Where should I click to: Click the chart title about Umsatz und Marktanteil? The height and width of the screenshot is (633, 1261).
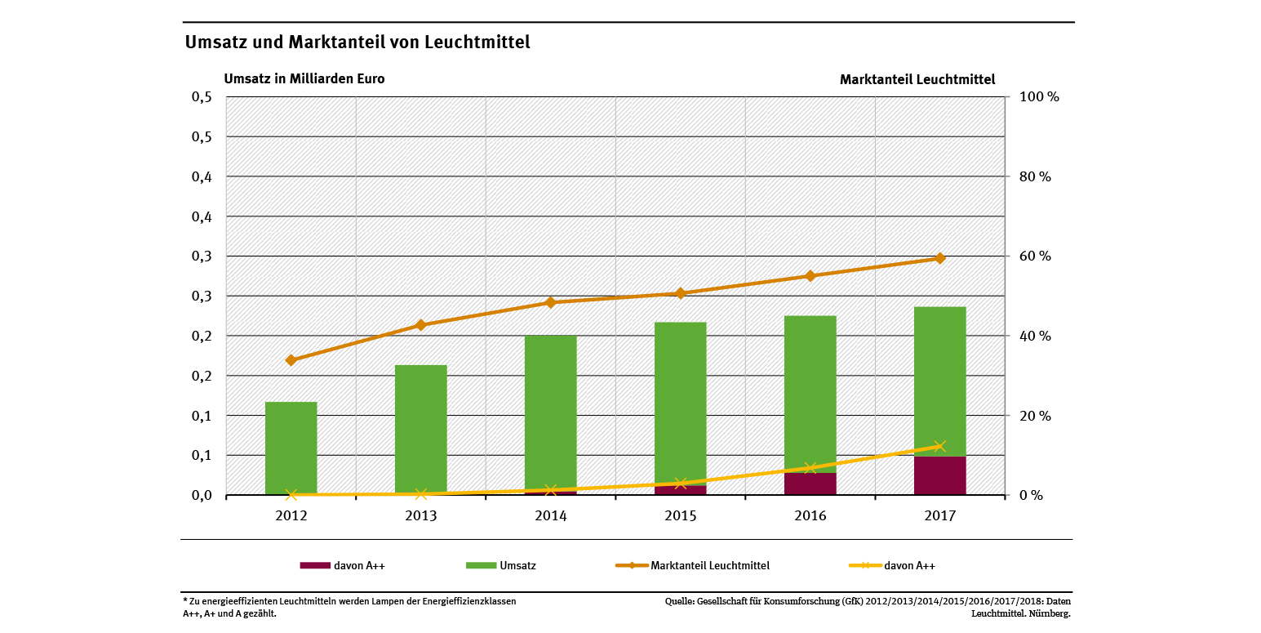coord(357,42)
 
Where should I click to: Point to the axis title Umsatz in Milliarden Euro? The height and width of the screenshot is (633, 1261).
coord(304,79)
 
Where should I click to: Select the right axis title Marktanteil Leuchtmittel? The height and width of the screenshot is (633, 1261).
coord(917,80)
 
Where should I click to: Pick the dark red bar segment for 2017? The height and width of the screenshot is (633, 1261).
coord(939,475)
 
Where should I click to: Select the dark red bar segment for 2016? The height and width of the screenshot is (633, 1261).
coord(810,484)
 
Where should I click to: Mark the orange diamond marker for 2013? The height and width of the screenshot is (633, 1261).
coord(421,325)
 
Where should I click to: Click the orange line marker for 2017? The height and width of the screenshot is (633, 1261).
coord(939,258)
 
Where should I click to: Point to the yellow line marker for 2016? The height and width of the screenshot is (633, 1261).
coord(810,468)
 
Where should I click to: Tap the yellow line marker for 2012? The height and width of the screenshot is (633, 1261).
coord(291,494)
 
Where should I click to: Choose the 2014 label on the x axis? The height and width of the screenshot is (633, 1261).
coord(551,516)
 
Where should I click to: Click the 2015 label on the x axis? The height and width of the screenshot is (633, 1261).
coord(681,516)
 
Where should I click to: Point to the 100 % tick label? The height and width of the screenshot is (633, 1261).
coord(1038,97)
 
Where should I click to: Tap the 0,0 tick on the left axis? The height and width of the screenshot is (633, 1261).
coord(202,495)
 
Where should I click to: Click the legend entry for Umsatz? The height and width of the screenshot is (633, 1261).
coord(517,565)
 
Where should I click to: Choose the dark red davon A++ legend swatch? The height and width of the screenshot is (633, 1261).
coord(315,565)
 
